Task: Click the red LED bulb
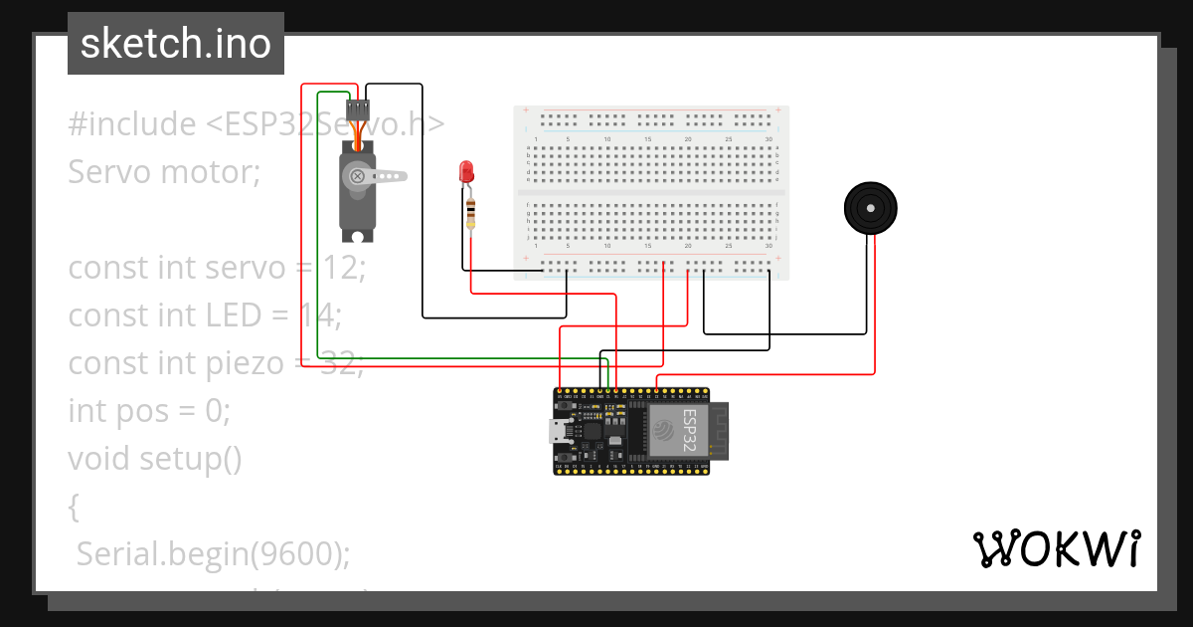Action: tap(465, 171)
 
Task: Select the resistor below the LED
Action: tap(470, 211)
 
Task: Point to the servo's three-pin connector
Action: tap(358, 108)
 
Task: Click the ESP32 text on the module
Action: tap(687, 430)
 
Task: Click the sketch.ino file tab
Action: tap(176, 44)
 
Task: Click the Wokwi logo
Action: tap(1055, 548)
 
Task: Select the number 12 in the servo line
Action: tap(348, 268)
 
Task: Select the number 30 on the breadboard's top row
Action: tap(768, 138)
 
